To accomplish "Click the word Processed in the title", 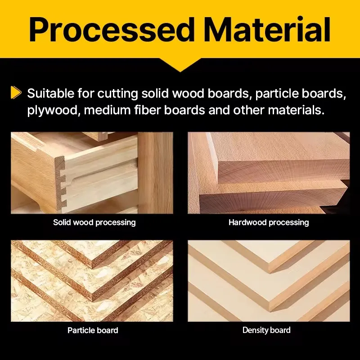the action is pyautogui.click(x=111, y=30).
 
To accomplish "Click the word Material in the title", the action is pyautogui.click(x=267, y=29).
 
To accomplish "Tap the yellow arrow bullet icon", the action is pyautogui.click(x=16, y=93).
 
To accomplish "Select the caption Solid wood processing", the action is pyautogui.click(x=94, y=222).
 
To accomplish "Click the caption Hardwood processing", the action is pyautogui.click(x=269, y=222).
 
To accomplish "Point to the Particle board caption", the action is pyautogui.click(x=93, y=330).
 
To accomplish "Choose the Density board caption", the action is pyautogui.click(x=266, y=330).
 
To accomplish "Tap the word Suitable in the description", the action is pyautogui.click(x=51, y=93).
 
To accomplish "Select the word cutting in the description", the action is pyautogui.click(x=117, y=94).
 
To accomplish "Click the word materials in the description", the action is pyautogui.click(x=296, y=110).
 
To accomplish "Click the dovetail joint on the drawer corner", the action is pyautogui.click(x=61, y=184).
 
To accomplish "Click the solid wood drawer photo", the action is pyautogui.click(x=92, y=173).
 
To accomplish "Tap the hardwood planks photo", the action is pyautogui.click(x=269, y=173).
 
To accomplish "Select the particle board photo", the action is pyautogui.click(x=92, y=281).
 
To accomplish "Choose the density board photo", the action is pyautogui.click(x=269, y=281).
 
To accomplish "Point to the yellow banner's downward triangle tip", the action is pyautogui.click(x=180, y=72).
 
